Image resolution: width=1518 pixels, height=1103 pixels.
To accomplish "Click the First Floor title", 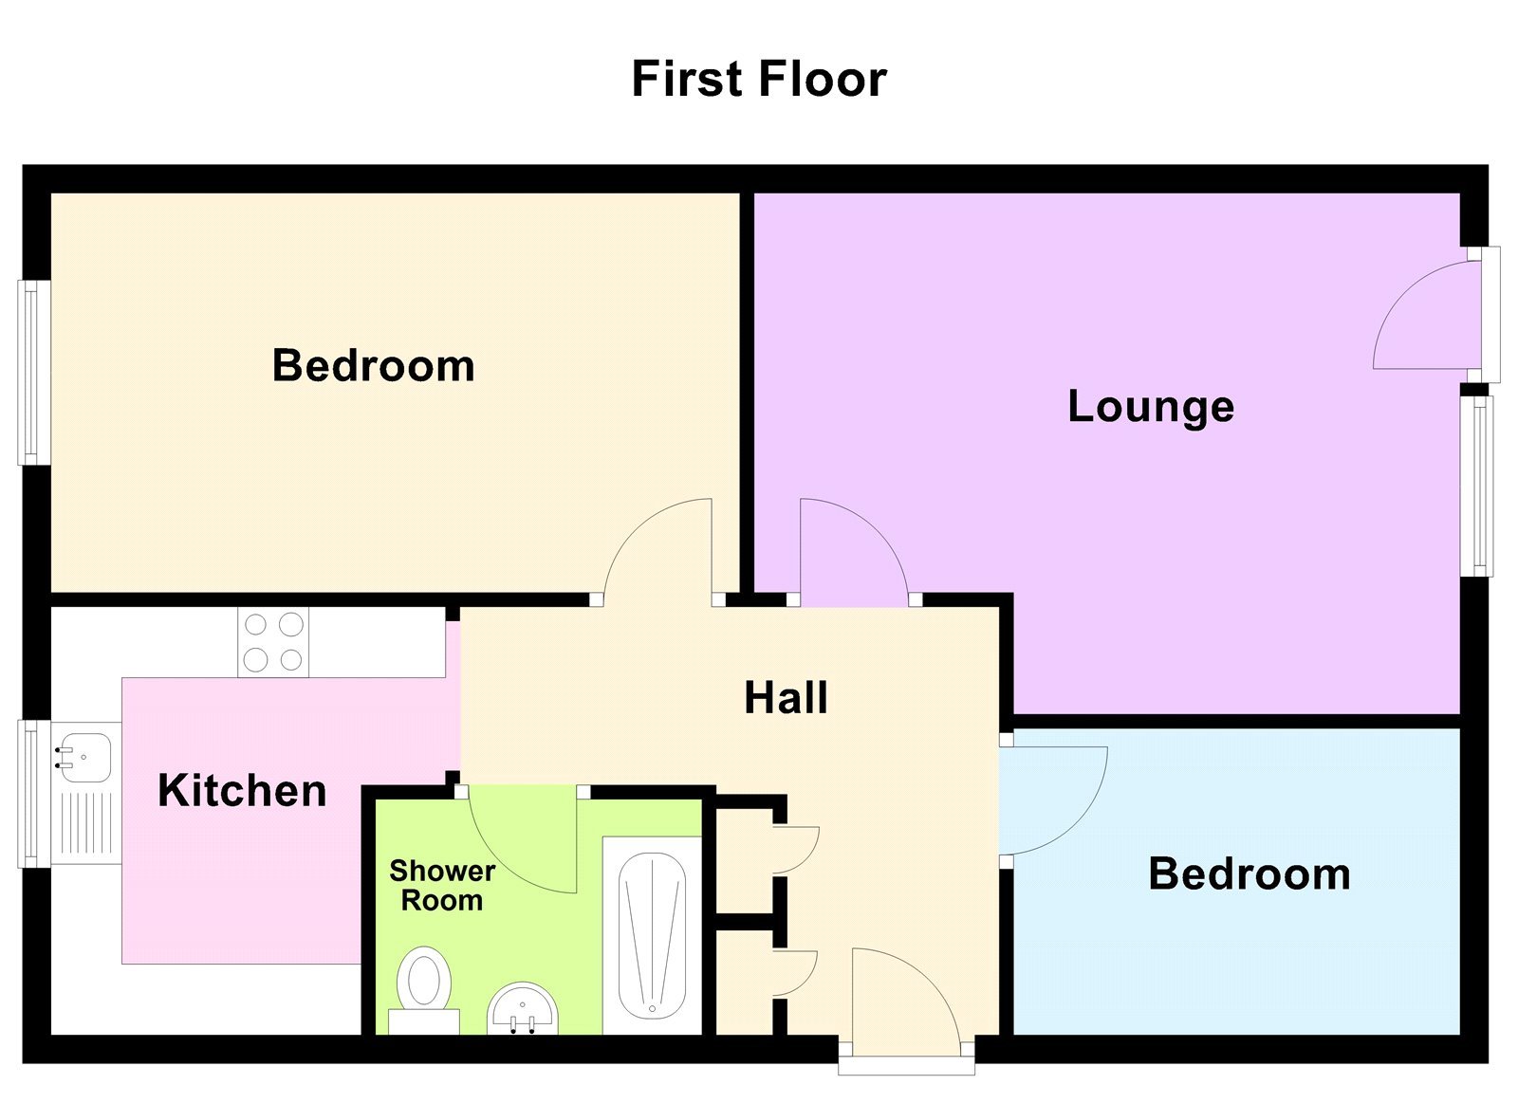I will click(758, 79).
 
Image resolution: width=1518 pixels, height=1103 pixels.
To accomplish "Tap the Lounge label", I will click(1151, 406).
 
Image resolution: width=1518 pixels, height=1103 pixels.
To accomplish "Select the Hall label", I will click(786, 698).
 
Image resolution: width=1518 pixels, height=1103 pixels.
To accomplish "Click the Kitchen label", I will click(242, 790).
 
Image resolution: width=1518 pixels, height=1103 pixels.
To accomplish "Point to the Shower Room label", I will click(442, 885).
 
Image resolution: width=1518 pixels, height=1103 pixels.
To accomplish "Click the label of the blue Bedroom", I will click(1249, 873).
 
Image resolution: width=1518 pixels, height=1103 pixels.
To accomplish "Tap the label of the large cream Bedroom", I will click(373, 365).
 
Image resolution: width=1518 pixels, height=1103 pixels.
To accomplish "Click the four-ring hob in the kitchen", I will click(273, 642).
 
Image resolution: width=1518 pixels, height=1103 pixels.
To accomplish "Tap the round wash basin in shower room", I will click(523, 1008).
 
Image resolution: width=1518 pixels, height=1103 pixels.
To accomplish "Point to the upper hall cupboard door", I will click(795, 849).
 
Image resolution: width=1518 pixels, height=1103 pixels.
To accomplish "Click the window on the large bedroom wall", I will click(33, 373).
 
